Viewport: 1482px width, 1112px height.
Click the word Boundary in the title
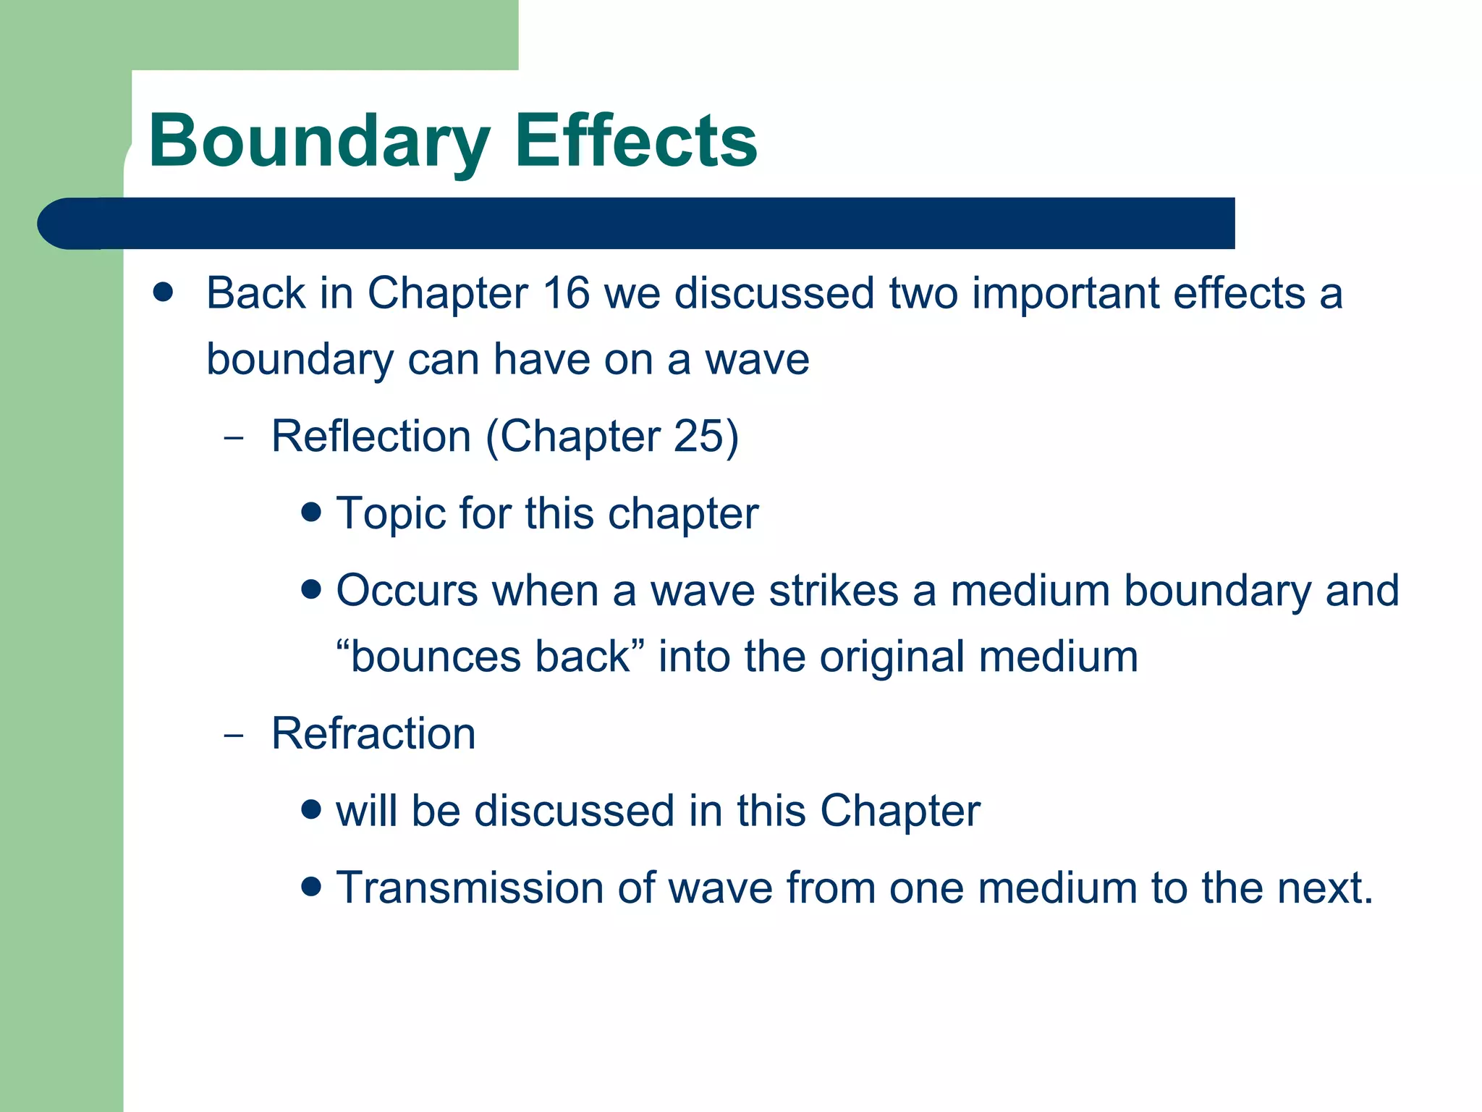tap(319, 142)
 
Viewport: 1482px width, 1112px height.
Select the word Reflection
tap(371, 437)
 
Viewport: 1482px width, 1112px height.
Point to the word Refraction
tap(373, 733)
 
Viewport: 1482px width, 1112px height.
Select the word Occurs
tap(407, 591)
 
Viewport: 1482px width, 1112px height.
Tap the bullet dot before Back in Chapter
tap(164, 292)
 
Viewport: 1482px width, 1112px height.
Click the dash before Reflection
tap(234, 438)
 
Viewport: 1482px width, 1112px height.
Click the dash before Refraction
tap(234, 736)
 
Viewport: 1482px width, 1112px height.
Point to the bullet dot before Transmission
tap(311, 886)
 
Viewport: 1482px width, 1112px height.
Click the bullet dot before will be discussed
tap(311, 809)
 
